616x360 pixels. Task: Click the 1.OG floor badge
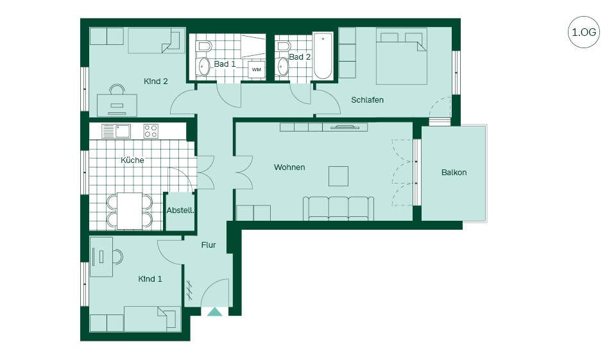coord(584,32)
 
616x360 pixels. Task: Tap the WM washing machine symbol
coord(256,69)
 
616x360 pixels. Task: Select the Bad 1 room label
coord(225,64)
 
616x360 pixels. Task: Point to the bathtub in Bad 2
coord(323,56)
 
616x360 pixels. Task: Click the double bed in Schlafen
coord(402,56)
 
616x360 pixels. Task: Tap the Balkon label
coord(454,172)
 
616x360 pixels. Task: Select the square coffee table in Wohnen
coord(338,176)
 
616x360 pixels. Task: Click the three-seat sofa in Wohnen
coord(338,209)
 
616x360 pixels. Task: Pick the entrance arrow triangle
coord(214,312)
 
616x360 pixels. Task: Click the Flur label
coord(209,245)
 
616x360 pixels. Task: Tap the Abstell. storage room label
coord(180,210)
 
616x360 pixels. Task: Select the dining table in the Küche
coord(130,211)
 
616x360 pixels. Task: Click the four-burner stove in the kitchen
coord(151,131)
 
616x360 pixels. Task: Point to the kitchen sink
coord(116,131)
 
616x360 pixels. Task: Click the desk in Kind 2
coord(117,105)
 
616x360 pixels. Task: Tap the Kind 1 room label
coord(150,279)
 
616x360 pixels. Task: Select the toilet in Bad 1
coord(204,46)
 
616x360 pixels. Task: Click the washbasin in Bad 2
coord(283,67)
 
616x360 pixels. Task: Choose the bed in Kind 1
coord(150,319)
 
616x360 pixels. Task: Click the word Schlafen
coord(367,100)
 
